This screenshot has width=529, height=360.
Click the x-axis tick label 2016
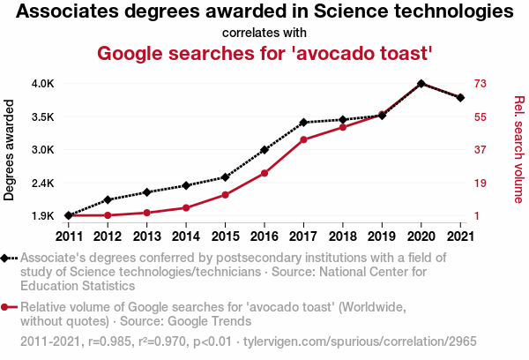click(264, 236)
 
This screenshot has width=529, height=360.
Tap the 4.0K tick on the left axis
click(43, 84)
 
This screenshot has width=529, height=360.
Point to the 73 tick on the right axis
click(481, 84)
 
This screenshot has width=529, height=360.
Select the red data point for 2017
click(303, 139)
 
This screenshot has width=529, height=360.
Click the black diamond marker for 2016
click(264, 150)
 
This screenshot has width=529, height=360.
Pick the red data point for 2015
click(225, 194)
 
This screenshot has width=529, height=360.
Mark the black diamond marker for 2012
click(108, 199)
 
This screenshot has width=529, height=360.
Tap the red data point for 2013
click(146, 213)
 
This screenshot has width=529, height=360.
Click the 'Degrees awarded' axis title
click(10, 149)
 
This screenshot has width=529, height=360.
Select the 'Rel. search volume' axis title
click(519, 149)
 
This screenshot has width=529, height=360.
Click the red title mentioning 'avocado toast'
click(264, 54)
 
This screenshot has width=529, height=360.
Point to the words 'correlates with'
click(264, 34)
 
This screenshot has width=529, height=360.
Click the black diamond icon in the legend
click(5, 258)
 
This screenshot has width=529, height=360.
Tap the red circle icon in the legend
click(5, 307)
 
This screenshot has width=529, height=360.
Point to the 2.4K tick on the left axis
click(43, 183)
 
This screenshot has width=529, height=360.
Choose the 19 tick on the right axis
click(481, 183)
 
